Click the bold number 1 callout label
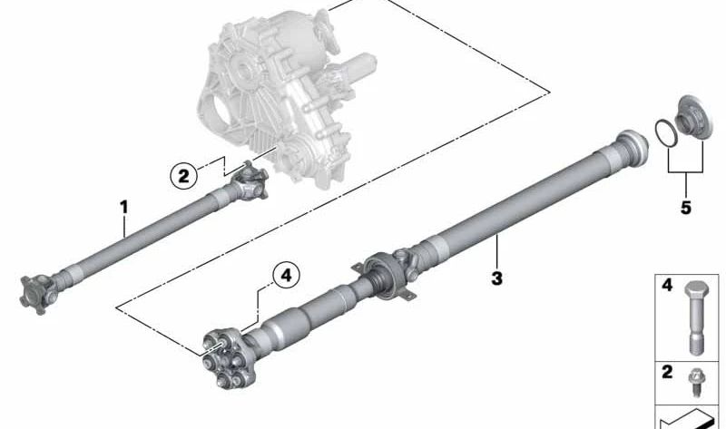point(124,207)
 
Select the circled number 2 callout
point(184,174)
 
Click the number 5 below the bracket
point(685,208)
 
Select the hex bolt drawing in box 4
point(695,314)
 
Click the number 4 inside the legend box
point(666,286)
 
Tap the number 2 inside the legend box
point(666,372)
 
